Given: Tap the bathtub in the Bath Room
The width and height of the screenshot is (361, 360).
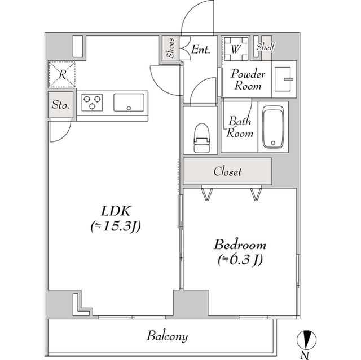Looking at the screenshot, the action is [x=273, y=127].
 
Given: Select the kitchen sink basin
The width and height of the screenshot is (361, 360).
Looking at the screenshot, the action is [x=129, y=103].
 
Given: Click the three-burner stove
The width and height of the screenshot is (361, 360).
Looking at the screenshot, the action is [x=92, y=103].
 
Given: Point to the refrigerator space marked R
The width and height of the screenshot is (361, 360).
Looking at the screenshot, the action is [x=61, y=74].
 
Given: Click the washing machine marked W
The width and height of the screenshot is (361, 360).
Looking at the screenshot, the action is [x=236, y=49].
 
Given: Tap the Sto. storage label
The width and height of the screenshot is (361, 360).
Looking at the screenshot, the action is [x=60, y=105].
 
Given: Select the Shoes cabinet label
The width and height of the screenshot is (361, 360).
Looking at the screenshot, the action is [x=170, y=48].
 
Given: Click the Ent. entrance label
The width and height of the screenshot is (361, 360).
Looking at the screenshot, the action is [x=201, y=49].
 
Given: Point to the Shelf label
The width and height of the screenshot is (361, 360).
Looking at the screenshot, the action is [x=266, y=47].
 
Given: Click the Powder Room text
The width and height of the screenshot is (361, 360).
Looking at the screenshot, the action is [x=248, y=79].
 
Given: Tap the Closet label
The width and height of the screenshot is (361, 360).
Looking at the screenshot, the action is [x=227, y=171].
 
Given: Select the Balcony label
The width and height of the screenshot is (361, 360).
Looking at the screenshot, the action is [x=167, y=336].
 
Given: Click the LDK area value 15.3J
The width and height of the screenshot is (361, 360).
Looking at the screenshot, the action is [x=116, y=226].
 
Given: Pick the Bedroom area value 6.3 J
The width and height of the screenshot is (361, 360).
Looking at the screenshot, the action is [x=240, y=260].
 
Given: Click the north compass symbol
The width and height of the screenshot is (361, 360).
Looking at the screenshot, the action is [x=306, y=340].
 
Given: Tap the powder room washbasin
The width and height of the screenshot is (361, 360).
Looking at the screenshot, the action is [x=284, y=79].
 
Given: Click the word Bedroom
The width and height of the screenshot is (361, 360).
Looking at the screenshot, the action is [x=240, y=245].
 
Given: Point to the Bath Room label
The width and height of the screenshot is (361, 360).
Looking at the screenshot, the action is [x=240, y=127].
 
